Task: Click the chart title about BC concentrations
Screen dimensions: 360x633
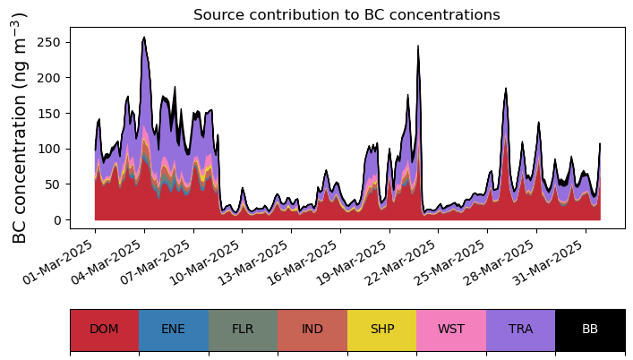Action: [346, 14]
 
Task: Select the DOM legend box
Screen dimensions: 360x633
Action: [104, 330]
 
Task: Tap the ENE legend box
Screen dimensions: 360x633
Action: [174, 330]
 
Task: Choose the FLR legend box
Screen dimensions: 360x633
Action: [243, 330]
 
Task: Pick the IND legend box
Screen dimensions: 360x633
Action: [312, 330]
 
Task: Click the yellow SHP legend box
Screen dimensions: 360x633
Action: [381, 330]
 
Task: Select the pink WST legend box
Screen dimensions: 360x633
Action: [451, 330]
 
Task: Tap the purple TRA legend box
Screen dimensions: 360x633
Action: [520, 330]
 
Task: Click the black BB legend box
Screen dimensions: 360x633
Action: [590, 330]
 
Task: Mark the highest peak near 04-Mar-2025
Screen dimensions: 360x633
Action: [144, 38]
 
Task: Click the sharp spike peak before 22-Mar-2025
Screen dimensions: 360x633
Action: [418, 47]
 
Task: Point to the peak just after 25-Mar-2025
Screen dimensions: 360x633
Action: [506, 90]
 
